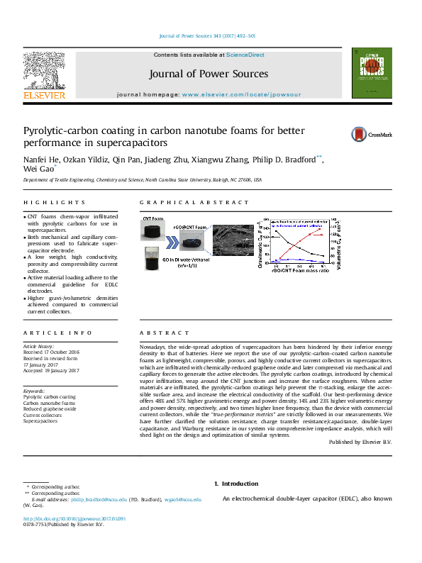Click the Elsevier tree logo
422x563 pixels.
[45, 71]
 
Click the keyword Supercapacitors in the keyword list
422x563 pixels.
[40, 420]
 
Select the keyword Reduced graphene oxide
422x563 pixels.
[50, 409]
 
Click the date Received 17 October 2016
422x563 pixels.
[51, 352]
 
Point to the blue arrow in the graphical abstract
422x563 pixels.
[172, 242]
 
